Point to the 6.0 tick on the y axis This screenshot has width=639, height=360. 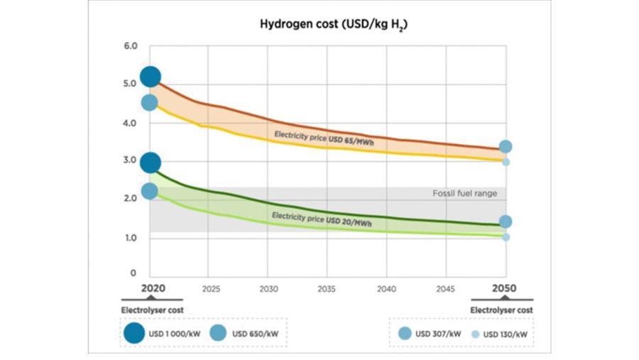pos(129,46)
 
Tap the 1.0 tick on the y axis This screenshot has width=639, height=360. pos(129,237)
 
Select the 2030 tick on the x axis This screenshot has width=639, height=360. pos(268,290)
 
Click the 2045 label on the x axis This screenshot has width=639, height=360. pos(445,290)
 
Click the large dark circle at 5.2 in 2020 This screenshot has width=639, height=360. pos(150,76)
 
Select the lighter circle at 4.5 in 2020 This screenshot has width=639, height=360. pos(150,102)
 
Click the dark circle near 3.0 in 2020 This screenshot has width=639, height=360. pos(150,163)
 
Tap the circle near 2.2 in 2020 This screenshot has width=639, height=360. pos(150,190)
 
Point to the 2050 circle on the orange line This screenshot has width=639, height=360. pos(506,147)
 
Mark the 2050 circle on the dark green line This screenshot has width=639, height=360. pos(506,222)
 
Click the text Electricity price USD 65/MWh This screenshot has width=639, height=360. pos(324,139)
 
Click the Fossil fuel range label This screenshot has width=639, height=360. pos(465,193)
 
